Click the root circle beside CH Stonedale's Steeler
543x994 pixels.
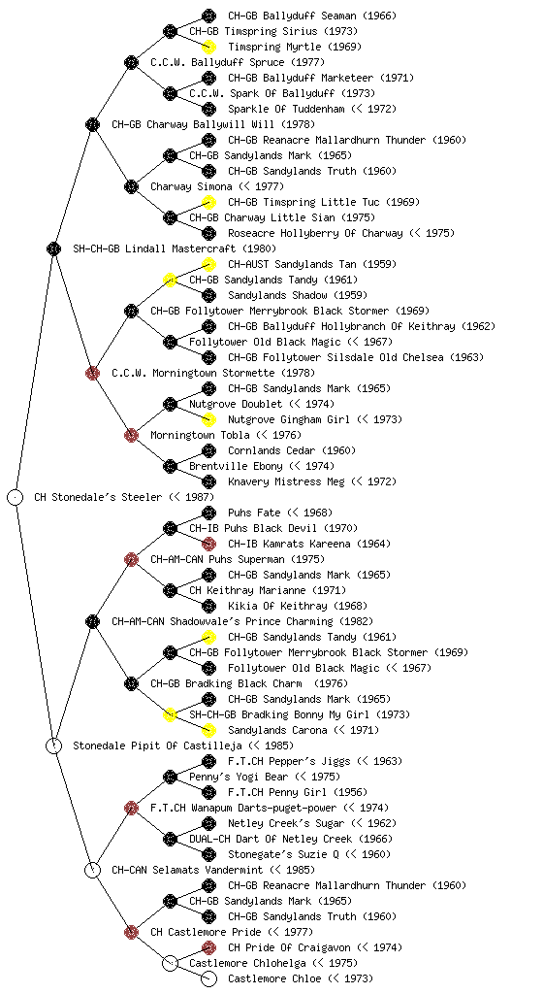[x=16, y=497]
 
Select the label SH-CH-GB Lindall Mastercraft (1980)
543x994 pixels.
[x=175, y=248]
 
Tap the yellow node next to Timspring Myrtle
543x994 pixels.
[x=208, y=47]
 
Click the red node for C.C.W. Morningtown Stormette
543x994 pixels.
[x=92, y=373]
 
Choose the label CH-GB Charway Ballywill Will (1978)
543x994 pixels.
[x=213, y=124]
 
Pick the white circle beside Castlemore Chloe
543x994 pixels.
[x=208, y=978]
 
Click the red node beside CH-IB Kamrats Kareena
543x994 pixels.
[x=208, y=544]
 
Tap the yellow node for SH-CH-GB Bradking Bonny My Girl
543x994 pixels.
[x=170, y=714]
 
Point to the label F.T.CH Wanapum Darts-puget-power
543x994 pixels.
[x=243, y=808]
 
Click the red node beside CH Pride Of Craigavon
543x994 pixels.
[x=208, y=947]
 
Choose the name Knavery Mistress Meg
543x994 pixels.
[x=286, y=481]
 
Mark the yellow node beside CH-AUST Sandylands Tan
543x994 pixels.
[x=208, y=264]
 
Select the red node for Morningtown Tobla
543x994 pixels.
[x=131, y=435]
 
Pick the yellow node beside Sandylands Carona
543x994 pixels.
[x=208, y=730]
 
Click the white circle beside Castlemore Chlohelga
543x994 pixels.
[x=170, y=964]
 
